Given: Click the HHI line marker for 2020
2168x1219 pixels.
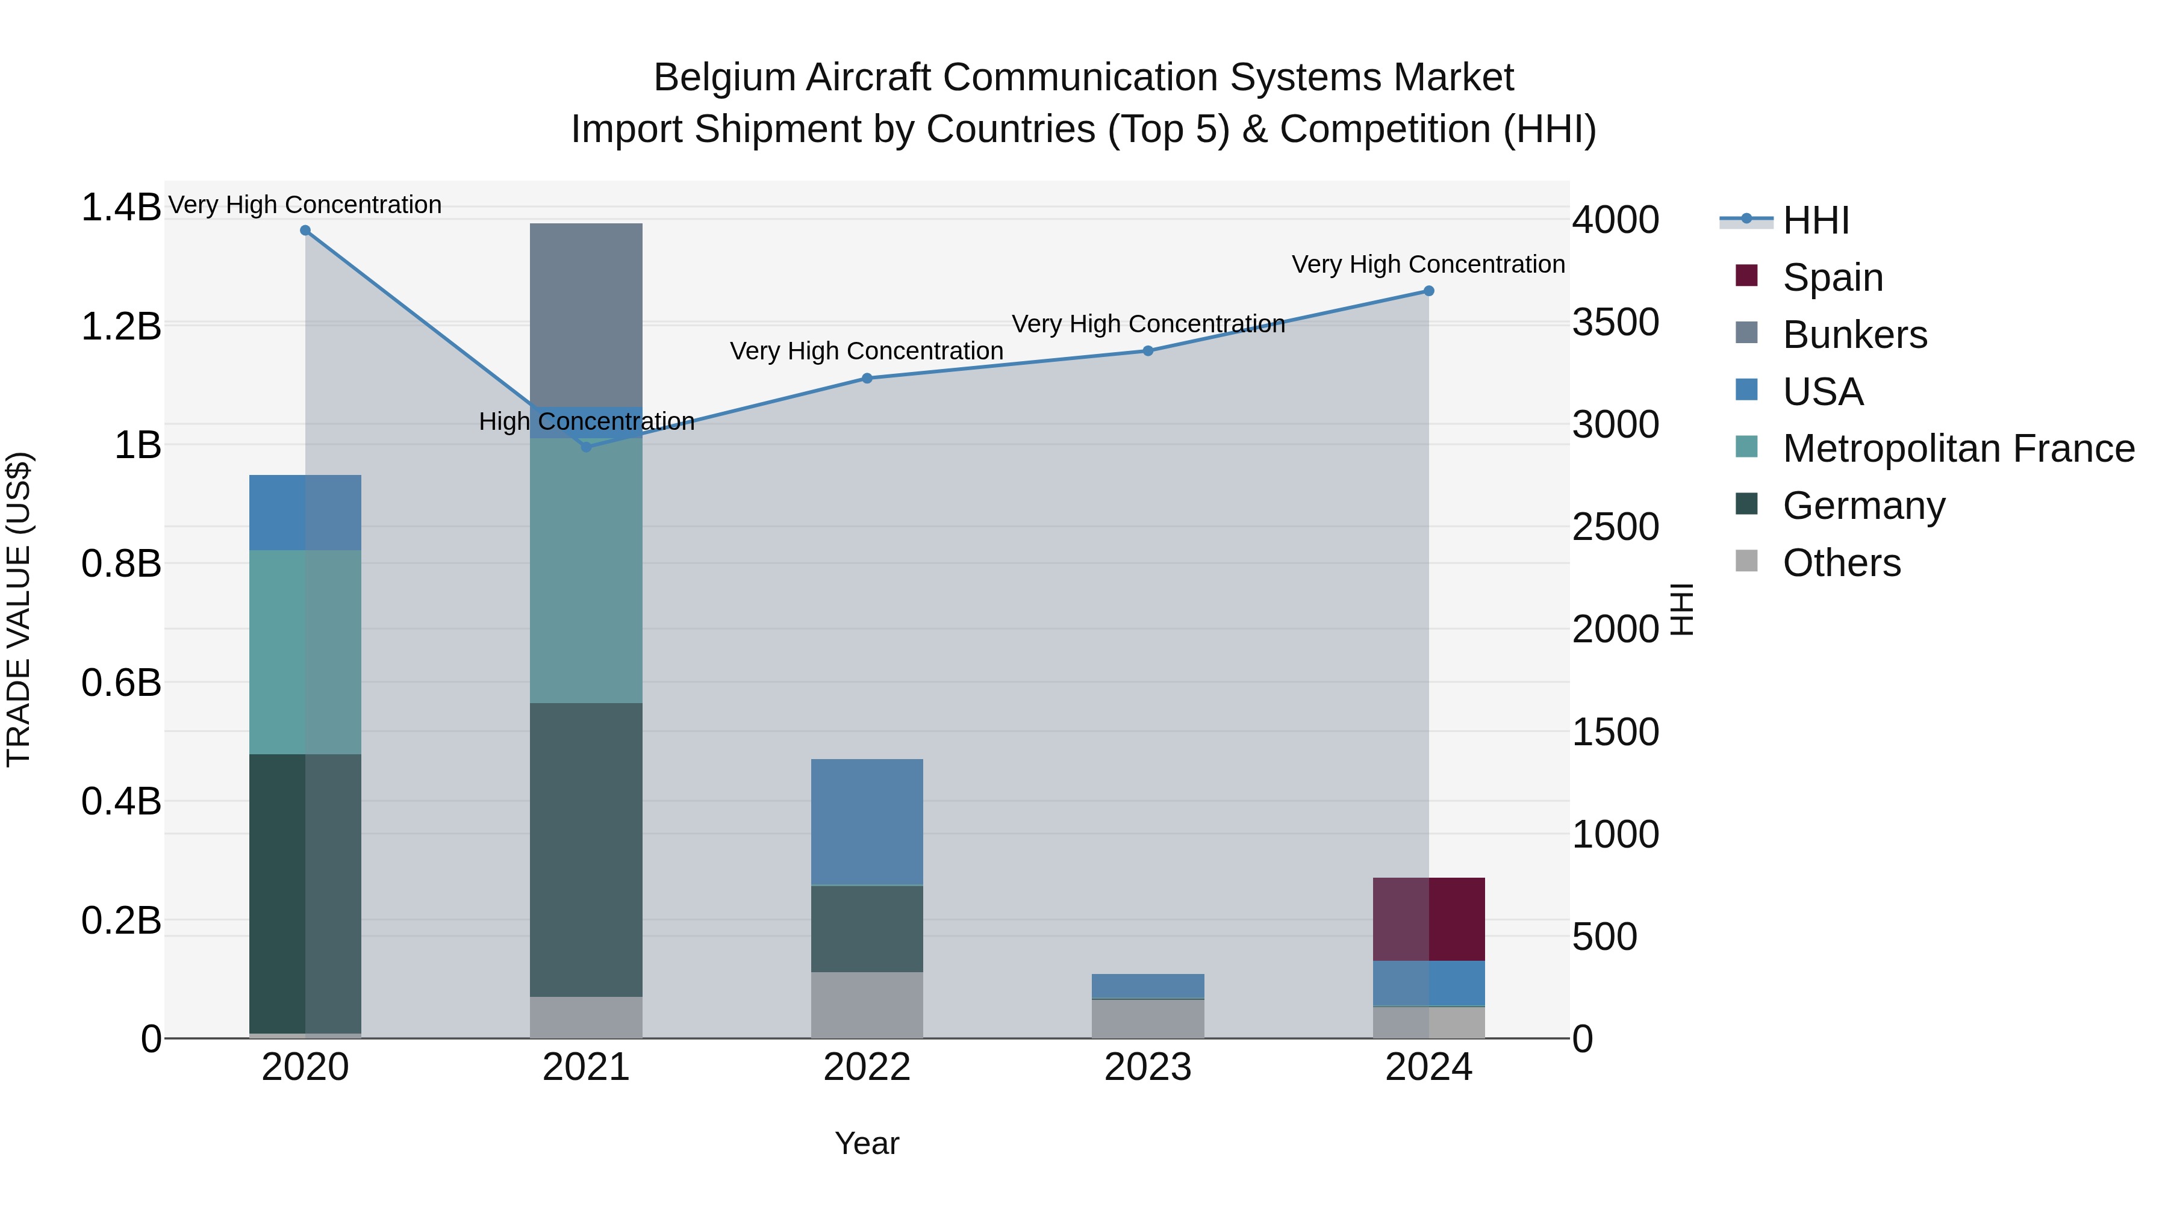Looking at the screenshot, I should click(305, 231).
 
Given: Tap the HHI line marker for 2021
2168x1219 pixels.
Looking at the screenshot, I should click(587, 447).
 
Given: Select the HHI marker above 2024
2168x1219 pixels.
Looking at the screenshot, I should click(1428, 291).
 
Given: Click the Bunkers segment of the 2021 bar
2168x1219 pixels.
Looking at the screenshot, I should click(586, 315).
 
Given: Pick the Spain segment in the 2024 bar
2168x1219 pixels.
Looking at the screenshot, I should click(1428, 919).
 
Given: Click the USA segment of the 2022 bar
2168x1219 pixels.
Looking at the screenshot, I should click(867, 822).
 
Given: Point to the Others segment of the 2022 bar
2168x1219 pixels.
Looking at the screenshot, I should click(867, 1005).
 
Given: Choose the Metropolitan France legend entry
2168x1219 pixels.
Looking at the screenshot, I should click(1958, 448).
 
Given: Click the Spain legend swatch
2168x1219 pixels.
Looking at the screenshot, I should click(1746, 276).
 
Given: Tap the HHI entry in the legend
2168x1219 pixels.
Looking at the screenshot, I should click(1815, 220).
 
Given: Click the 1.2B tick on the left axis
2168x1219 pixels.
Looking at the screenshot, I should click(120, 326).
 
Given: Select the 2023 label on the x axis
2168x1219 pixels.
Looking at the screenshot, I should click(1147, 1067).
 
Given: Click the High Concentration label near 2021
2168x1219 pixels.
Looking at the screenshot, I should click(587, 421).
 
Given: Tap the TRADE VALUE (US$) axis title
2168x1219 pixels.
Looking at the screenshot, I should click(19, 609).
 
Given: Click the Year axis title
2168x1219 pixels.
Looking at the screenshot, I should click(867, 1143).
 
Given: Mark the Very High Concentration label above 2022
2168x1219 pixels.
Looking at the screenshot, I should click(866, 351).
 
